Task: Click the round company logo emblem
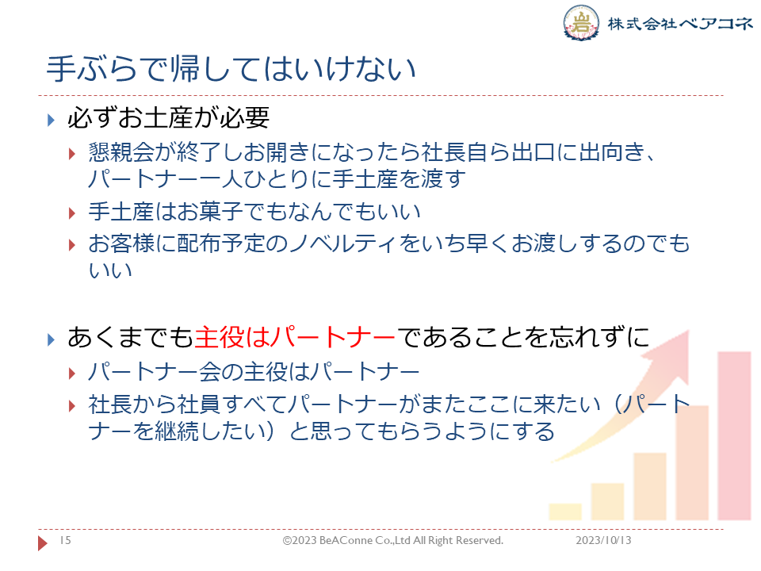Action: pyautogui.click(x=581, y=22)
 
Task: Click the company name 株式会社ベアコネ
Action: pyautogui.click(x=680, y=23)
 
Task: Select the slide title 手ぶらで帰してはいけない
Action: pyautogui.click(x=231, y=68)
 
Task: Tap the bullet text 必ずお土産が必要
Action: pyautogui.click(x=168, y=117)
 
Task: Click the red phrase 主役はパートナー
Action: pyautogui.click(x=295, y=337)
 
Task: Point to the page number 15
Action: pyautogui.click(x=65, y=540)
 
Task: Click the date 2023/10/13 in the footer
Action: pyautogui.click(x=603, y=540)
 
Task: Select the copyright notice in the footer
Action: pyautogui.click(x=393, y=540)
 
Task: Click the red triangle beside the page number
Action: pyautogui.click(x=43, y=542)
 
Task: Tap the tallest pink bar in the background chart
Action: pyautogui.click(x=734, y=435)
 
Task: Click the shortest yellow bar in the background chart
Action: pyautogui.click(x=565, y=512)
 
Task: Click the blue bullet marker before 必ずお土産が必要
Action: pyautogui.click(x=51, y=120)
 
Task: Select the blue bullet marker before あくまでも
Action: pyautogui.click(x=51, y=339)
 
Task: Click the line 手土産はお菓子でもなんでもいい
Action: pyautogui.click(x=254, y=212)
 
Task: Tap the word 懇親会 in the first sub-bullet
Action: pyautogui.click(x=121, y=152)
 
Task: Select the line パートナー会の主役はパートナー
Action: pyautogui.click(x=254, y=372)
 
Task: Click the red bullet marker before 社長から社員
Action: pyautogui.click(x=72, y=405)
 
